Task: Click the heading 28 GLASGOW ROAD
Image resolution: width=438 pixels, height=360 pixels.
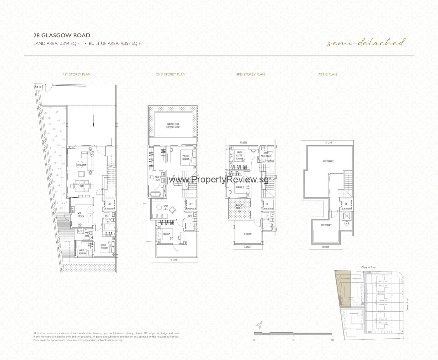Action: tap(62, 35)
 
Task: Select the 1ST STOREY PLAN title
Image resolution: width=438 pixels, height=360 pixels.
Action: tap(77, 74)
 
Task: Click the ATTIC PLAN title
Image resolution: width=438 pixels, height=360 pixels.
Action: tap(328, 74)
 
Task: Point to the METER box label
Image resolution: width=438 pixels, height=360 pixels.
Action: tap(38, 87)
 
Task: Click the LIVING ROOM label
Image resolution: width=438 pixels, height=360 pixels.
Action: tap(82, 165)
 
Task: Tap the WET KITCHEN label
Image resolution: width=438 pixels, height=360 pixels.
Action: tap(81, 215)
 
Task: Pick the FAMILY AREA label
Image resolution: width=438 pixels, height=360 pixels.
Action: tap(165, 208)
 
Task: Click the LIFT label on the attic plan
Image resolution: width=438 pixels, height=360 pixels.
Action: tap(347, 204)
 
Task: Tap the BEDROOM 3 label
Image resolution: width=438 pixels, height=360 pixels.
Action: tap(248, 234)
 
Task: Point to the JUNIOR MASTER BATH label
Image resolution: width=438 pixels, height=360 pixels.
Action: tap(266, 154)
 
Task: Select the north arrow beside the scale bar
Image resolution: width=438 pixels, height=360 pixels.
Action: tap(259, 325)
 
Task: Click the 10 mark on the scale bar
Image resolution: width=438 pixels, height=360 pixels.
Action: tap(332, 340)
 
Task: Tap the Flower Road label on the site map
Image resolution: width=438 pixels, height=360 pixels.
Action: tap(408, 305)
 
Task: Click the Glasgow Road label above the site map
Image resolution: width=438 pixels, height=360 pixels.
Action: tap(369, 267)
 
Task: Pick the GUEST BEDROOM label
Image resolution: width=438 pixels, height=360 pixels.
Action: tap(104, 247)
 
